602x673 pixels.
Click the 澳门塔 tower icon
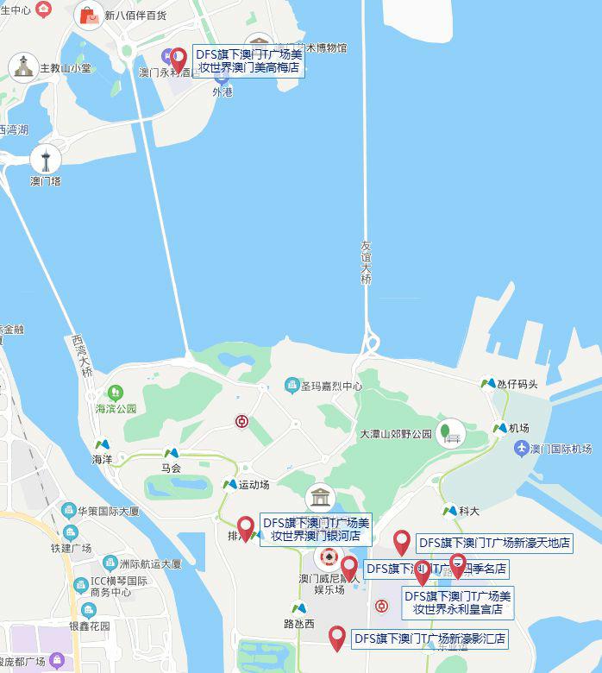click(46, 159)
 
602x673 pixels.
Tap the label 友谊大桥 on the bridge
click(367, 263)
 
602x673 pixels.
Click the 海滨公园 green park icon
click(115, 393)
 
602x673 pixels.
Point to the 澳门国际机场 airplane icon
click(521, 449)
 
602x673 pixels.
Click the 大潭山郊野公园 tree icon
click(450, 432)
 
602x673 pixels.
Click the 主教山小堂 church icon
click(22, 67)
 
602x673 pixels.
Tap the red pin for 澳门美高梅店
click(179, 60)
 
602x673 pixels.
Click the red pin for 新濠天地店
click(401, 542)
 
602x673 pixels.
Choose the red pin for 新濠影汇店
click(337, 638)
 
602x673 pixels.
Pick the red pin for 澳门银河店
click(246, 528)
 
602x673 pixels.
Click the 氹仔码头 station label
click(517, 384)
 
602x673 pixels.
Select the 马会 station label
click(171, 469)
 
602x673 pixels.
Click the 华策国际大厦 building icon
click(69, 511)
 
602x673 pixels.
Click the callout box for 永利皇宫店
click(458, 602)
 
